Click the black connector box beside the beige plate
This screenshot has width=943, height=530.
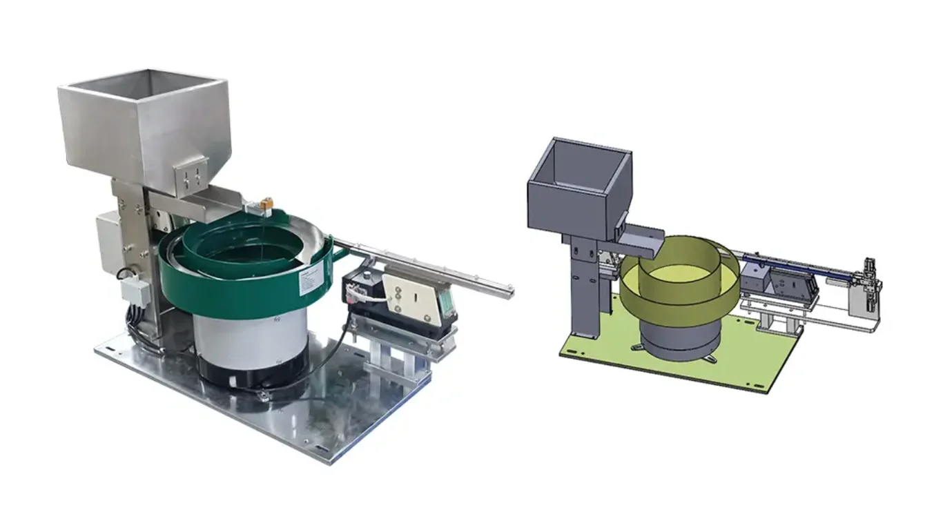[359, 288]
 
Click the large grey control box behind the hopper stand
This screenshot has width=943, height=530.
[110, 242]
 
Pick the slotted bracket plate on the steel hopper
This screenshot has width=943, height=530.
[191, 174]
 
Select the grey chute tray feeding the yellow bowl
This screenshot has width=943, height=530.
[639, 239]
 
